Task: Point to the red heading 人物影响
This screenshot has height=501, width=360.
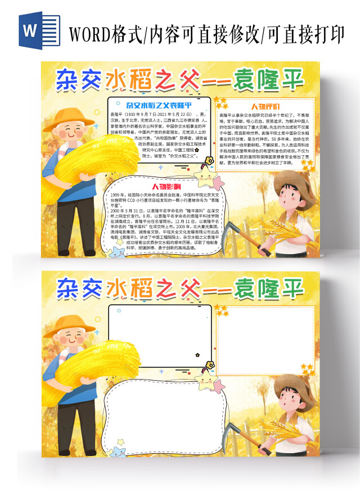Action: point(166,186)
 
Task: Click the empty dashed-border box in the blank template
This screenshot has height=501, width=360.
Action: point(265,332)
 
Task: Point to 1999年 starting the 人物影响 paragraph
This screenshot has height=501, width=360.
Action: point(119,194)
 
